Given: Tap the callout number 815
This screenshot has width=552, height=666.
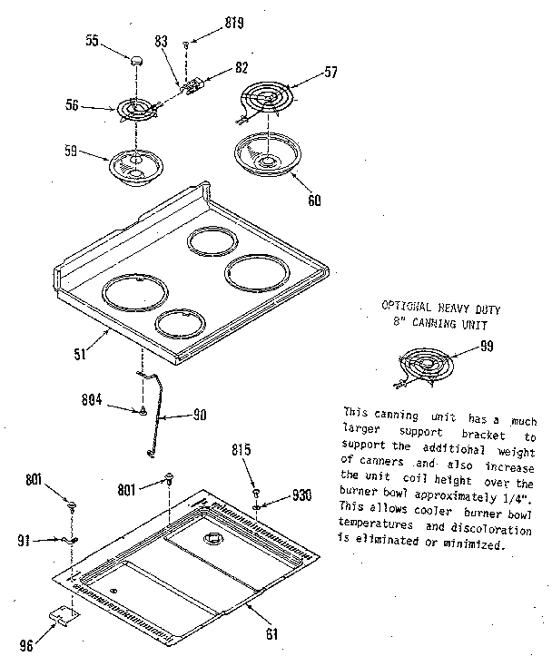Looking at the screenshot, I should [241, 449].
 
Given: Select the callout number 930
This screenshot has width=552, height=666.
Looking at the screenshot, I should [302, 495].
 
